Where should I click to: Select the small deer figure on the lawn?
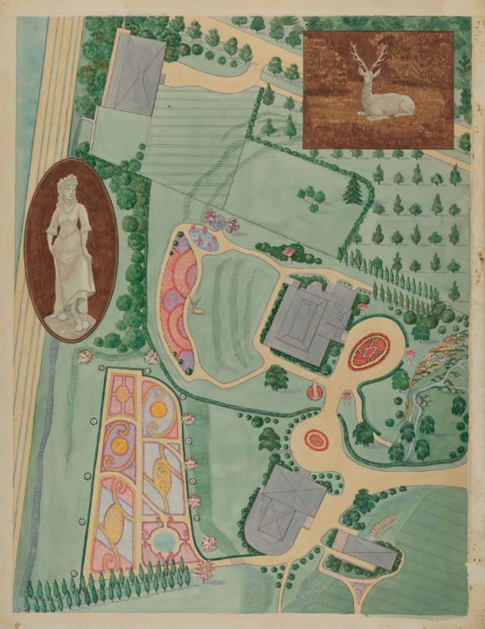point(199,305)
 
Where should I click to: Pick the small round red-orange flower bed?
point(316,440)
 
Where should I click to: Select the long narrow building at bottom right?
point(360,550)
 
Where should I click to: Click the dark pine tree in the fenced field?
point(353,189)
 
